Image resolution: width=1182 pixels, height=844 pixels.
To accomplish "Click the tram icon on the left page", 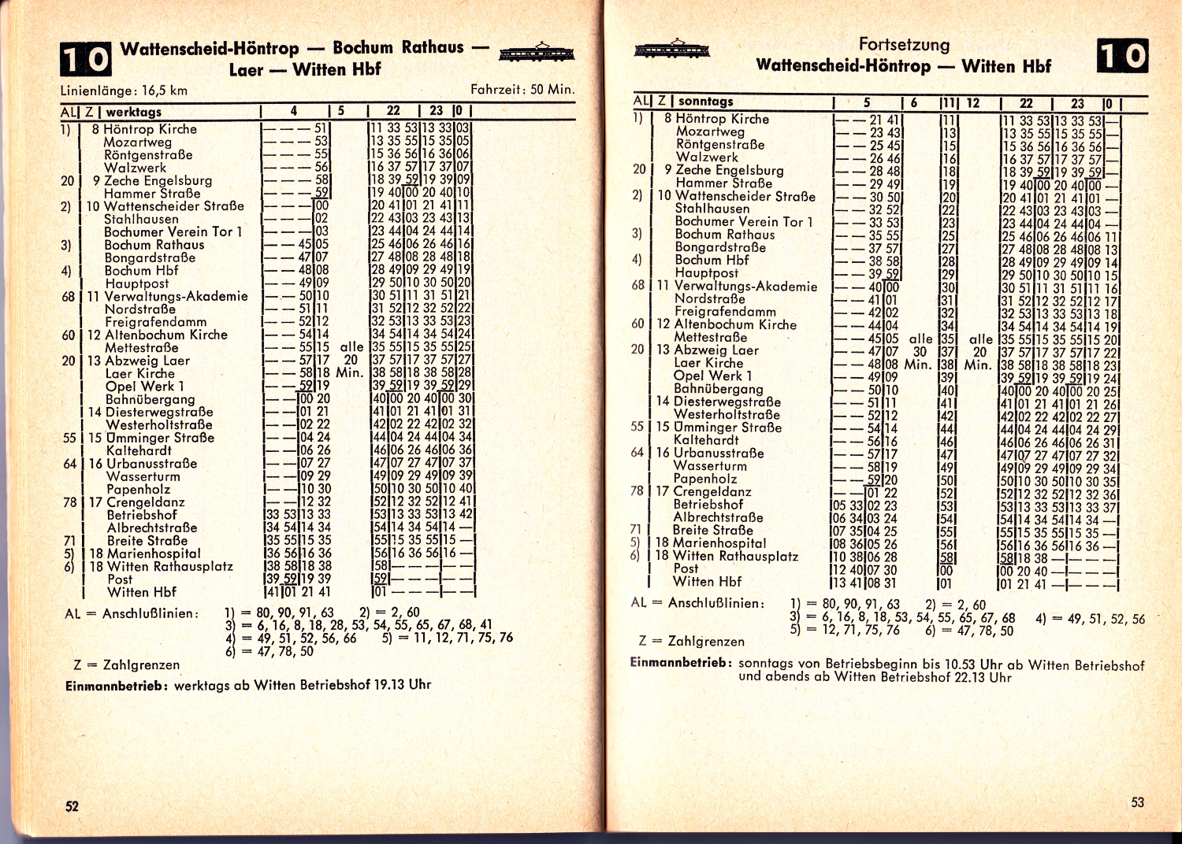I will [537, 53].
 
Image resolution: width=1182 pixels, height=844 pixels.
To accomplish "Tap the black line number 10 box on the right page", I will [1122, 56].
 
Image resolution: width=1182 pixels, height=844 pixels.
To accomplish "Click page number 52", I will [72, 806].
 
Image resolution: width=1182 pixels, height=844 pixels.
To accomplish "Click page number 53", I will [1137, 802].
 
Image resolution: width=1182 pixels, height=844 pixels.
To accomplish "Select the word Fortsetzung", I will [904, 45].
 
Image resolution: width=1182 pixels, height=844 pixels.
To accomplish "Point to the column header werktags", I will [134, 112].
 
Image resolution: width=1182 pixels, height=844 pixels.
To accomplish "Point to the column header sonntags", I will [705, 101].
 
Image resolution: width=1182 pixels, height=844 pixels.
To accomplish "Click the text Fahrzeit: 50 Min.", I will [522, 90].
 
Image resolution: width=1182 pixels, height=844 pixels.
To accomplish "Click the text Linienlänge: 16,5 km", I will [124, 91].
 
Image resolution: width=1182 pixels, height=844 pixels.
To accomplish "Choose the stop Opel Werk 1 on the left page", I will [144, 387].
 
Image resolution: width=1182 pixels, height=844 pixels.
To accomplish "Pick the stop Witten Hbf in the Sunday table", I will [707, 582].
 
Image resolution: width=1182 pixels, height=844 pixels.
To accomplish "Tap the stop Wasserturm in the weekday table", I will [143, 476].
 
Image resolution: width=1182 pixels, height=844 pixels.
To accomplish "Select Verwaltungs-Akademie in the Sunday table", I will [745, 286].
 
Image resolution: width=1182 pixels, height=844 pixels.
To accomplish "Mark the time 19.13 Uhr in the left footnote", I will [402, 684].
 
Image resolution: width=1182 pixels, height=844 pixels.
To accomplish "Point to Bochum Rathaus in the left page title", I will [398, 47].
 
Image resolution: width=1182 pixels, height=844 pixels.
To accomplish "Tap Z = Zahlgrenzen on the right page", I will [692, 641].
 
